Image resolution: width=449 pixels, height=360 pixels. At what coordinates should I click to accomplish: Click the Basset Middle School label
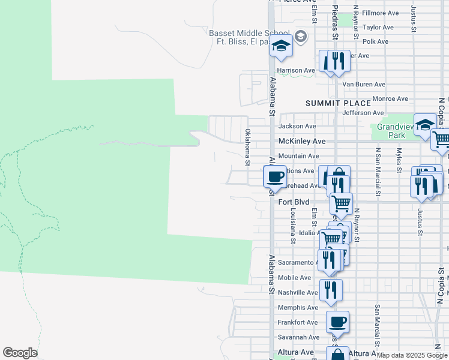(249, 34)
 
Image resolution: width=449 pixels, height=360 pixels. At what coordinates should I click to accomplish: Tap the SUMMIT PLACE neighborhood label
(338, 103)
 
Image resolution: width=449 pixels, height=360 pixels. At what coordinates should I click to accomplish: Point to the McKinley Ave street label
(302, 141)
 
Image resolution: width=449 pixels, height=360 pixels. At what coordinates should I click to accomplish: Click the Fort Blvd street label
(294, 202)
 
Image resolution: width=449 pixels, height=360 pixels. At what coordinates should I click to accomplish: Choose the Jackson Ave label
(297, 127)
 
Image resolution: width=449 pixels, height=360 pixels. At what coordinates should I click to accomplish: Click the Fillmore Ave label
(381, 13)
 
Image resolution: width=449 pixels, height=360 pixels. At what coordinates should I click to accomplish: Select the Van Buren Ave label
(364, 85)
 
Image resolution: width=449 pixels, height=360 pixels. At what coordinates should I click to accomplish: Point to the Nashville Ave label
(298, 292)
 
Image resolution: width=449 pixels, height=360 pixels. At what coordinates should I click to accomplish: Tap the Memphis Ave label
(298, 307)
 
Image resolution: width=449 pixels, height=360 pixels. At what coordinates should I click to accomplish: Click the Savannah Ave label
(298, 337)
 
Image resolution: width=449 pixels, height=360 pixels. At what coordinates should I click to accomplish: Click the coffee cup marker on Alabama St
(276, 176)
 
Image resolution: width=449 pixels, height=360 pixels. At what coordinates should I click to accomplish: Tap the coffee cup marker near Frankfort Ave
(338, 322)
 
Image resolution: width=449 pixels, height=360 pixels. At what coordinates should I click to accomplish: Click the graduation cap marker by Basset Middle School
(281, 46)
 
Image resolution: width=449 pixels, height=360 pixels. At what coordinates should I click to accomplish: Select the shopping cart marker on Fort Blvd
(341, 203)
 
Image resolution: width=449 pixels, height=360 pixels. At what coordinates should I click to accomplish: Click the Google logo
(20, 353)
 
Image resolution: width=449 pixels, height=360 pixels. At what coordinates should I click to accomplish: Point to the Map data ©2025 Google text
(412, 355)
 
